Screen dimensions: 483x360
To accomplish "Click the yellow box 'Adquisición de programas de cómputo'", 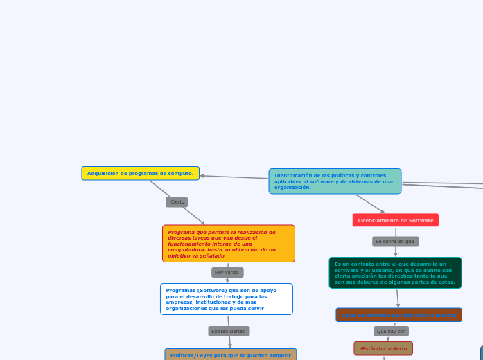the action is tap(140, 173).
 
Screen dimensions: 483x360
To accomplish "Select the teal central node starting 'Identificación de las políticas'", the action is tap(335, 181).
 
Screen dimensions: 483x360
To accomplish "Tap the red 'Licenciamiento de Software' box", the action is tap(396, 220).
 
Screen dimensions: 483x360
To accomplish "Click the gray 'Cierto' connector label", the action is tap(177, 202).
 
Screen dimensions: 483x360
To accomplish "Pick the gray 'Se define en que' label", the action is tap(395, 242).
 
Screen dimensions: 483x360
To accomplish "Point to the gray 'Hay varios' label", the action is tap(227, 272).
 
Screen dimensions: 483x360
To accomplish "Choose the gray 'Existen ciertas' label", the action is tap(228, 331).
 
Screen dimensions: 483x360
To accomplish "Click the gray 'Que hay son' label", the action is tap(392, 331).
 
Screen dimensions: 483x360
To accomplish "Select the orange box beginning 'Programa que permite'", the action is tap(229, 244).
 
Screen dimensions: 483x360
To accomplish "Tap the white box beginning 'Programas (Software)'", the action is tap(227, 299).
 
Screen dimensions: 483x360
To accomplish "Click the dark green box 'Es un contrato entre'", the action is tap(395, 273).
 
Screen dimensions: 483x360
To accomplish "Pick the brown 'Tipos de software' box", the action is tap(398, 315).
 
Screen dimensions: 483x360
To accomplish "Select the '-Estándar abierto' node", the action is tap(383, 348).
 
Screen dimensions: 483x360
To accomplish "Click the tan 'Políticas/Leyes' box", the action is tap(231, 354).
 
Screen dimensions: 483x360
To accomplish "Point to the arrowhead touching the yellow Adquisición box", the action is tap(202, 176).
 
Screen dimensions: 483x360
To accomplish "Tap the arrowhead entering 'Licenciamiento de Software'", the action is tap(382, 210).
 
